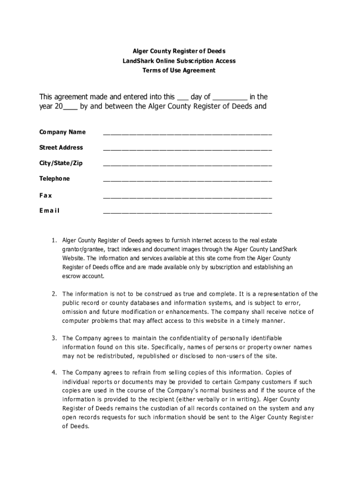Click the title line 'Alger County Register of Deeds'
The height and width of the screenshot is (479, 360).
click(180, 51)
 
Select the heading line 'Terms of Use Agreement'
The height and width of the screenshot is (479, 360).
click(180, 71)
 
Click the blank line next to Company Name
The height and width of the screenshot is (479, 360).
click(187, 134)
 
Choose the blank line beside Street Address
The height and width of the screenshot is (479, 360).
click(187, 149)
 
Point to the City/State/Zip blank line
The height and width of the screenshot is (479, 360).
click(187, 165)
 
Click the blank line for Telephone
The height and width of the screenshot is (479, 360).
click(187, 181)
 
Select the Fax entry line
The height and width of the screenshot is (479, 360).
click(187, 196)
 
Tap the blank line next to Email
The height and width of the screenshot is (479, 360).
click(187, 212)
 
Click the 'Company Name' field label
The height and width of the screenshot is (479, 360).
click(62, 132)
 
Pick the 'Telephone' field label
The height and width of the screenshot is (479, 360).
click(54, 179)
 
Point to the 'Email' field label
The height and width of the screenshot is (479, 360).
click(49, 210)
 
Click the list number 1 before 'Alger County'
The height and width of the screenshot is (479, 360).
click(54, 240)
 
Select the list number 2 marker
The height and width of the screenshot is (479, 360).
click(54, 294)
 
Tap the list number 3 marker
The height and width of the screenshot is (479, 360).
click(54, 338)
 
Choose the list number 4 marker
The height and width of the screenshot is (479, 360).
click(54, 373)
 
